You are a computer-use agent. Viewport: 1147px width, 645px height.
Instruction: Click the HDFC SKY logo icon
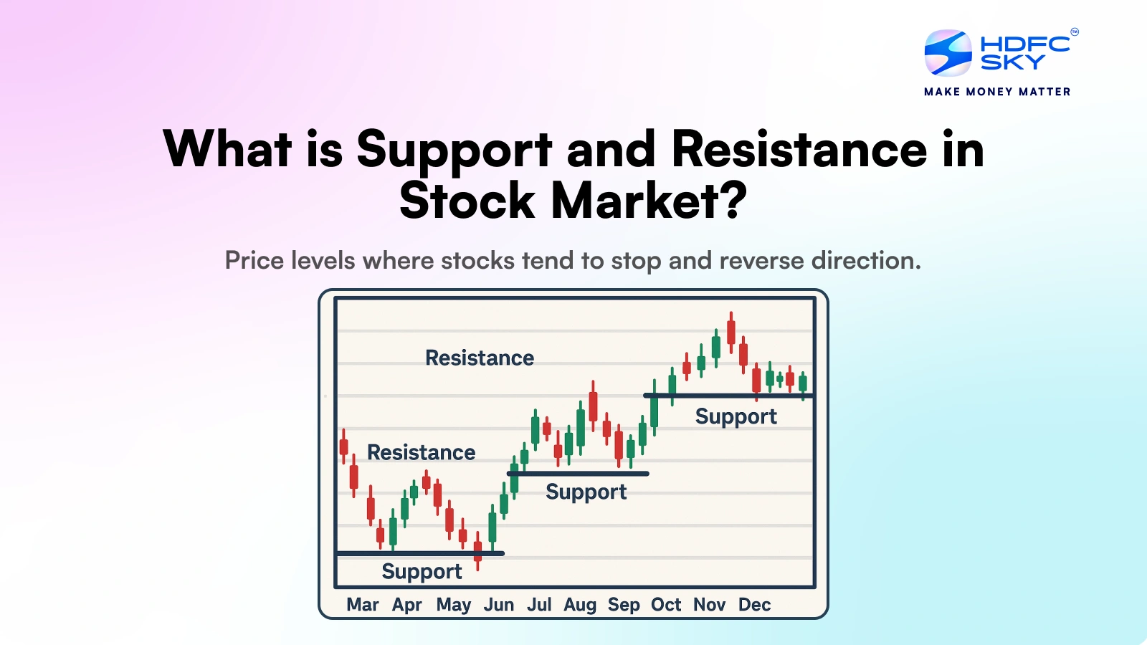click(948, 52)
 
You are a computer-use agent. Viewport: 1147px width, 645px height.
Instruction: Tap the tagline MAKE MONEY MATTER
click(997, 92)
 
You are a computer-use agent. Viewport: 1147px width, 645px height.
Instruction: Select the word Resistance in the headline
click(799, 150)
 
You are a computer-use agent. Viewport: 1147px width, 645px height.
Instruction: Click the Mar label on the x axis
click(362, 605)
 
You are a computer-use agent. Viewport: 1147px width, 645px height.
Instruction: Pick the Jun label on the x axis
click(499, 605)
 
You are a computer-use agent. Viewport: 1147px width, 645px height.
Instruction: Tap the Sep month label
click(624, 605)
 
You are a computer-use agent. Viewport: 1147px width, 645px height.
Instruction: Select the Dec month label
click(754, 605)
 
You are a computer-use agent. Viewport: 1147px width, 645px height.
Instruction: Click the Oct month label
click(666, 605)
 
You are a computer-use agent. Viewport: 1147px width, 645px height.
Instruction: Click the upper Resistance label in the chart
click(480, 358)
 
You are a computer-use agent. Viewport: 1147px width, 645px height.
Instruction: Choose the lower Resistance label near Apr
click(421, 452)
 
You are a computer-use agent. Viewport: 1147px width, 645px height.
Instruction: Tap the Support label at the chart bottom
click(422, 571)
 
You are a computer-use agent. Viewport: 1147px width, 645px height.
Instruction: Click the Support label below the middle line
click(586, 492)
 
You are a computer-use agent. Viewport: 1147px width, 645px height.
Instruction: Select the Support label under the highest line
click(736, 416)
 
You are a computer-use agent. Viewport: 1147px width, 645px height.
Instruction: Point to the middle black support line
click(577, 474)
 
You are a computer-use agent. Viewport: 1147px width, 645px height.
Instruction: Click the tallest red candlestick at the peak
click(731, 332)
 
